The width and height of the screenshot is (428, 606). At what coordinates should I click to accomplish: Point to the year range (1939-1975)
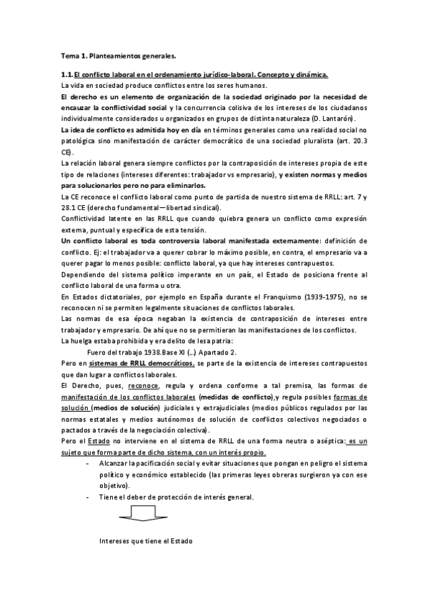[x=299, y=295]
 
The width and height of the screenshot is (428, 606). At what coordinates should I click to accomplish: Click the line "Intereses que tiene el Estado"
[x=146, y=541]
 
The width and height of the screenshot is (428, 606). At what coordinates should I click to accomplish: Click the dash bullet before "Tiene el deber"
[x=87, y=497]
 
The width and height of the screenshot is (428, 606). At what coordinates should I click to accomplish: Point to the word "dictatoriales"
[x=119, y=295]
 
